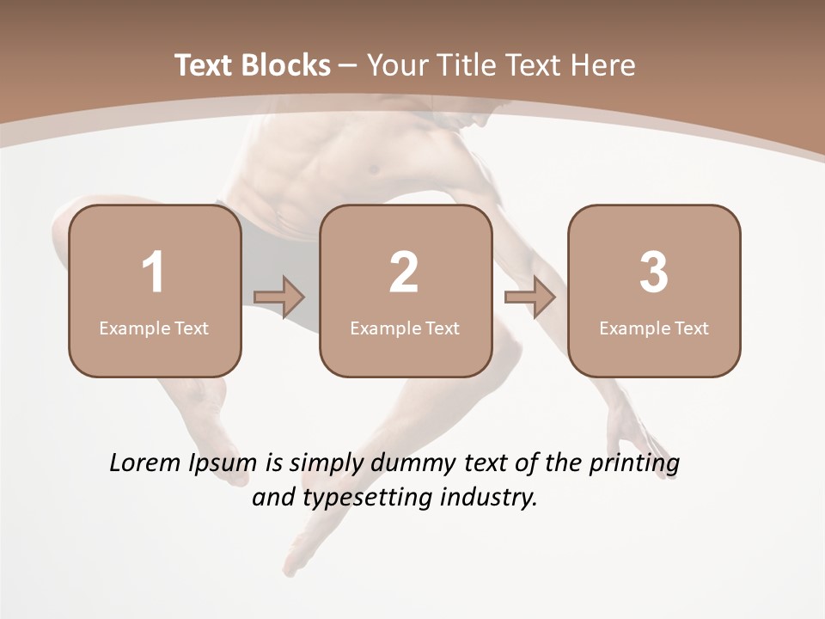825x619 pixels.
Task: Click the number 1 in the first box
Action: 154,273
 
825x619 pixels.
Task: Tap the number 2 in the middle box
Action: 404,273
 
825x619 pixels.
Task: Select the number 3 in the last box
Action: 654,273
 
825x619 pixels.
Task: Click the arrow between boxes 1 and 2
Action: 280,297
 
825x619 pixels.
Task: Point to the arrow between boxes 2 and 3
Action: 530,297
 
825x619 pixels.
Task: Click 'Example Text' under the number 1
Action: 154,328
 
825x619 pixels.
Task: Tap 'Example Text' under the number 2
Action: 405,328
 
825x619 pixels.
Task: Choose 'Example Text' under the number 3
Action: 654,328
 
